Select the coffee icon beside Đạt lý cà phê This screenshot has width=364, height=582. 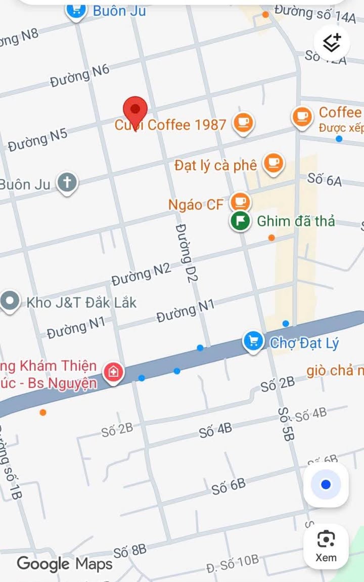tap(274, 164)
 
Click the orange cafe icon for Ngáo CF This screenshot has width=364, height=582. tap(240, 203)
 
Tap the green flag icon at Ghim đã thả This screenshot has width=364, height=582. tap(241, 221)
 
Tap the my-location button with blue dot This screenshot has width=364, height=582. tap(326, 485)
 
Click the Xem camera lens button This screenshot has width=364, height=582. tap(326, 546)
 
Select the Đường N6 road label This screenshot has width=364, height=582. tap(80, 75)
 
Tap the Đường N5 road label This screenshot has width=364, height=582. tap(37, 140)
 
